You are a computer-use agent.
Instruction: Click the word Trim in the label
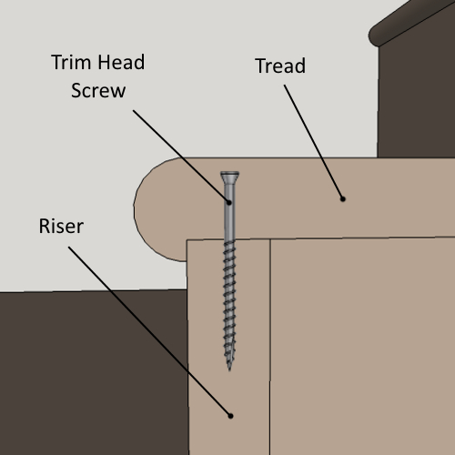click(71, 62)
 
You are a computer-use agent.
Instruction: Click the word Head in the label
click(121, 62)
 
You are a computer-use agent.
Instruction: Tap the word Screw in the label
click(98, 90)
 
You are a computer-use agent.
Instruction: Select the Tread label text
click(280, 66)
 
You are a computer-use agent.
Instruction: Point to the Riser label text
click(61, 226)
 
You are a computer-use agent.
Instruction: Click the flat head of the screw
click(229, 175)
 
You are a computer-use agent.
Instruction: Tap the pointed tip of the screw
click(229, 369)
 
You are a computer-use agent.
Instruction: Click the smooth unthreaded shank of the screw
click(229, 212)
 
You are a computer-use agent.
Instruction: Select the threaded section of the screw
click(229, 303)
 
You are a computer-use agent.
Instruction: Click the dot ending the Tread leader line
click(343, 199)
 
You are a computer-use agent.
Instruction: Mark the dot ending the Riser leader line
click(230, 416)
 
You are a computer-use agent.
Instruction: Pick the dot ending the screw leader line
click(229, 202)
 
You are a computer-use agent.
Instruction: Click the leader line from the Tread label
click(313, 142)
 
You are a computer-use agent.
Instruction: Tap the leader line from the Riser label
click(149, 331)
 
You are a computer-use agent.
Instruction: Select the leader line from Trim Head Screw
click(181, 157)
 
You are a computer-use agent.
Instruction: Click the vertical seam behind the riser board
click(270, 347)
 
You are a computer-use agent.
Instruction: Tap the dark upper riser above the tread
click(416, 100)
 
